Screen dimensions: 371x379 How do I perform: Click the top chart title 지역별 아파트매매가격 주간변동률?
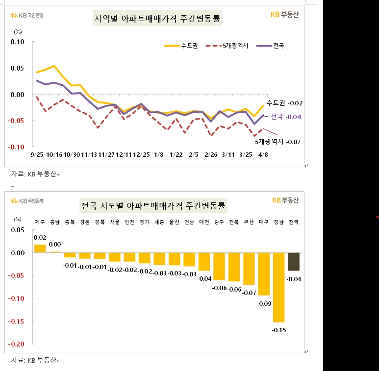pos(157,19)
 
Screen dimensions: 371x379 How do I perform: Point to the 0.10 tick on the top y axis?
pos(17,42)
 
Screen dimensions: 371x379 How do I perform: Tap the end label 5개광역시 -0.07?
pos(277,141)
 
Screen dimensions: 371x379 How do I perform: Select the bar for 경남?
pos(278,287)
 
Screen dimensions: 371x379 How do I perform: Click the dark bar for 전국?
pos(294,262)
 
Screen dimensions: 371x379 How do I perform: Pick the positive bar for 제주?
pos(40,248)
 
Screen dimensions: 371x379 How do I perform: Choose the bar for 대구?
pos(264,274)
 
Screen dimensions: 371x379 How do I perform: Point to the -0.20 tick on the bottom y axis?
pos(16,344)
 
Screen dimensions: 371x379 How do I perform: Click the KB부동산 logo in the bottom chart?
pos(285,200)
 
